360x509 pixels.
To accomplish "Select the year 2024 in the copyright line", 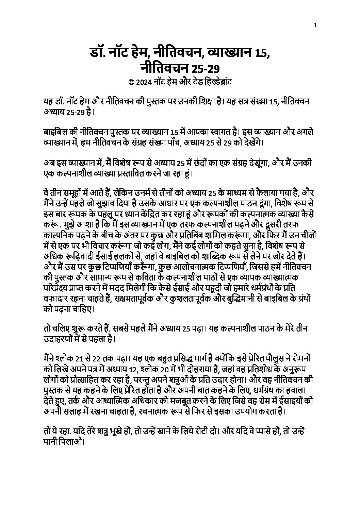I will pyautogui.click(x=142, y=82).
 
